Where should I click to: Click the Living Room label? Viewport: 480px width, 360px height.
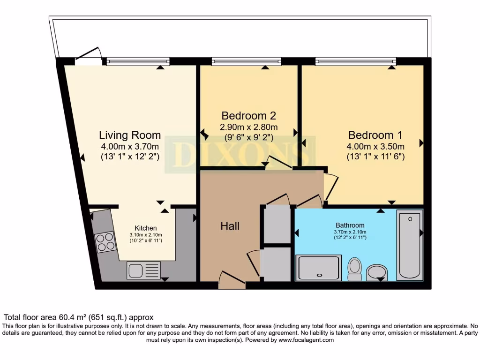click(130, 135)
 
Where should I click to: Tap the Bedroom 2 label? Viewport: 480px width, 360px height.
click(248, 115)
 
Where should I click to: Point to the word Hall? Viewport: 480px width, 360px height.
click(230, 226)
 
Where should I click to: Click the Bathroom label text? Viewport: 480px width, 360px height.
click(350, 225)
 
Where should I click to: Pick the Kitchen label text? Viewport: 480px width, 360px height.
click(146, 228)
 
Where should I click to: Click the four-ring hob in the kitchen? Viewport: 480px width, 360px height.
click(105, 242)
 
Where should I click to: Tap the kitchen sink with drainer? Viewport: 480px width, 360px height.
click(143, 270)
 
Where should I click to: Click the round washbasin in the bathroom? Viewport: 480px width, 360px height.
click(377, 271)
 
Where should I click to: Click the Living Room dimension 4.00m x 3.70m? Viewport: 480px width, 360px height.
click(130, 146)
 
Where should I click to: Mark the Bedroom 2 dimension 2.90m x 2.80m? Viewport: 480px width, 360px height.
click(248, 127)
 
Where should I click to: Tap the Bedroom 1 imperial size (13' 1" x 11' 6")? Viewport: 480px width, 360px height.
click(375, 157)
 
